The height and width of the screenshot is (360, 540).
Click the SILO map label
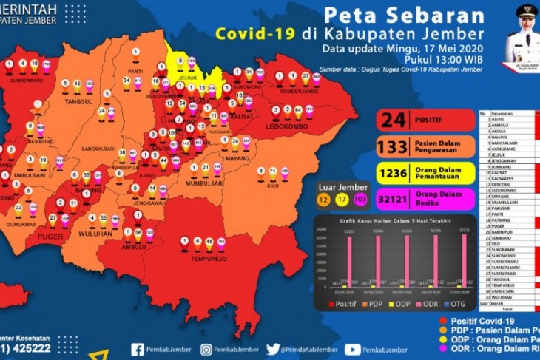(x=271, y=186)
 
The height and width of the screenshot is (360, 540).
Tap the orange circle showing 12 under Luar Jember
(x=324, y=200)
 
